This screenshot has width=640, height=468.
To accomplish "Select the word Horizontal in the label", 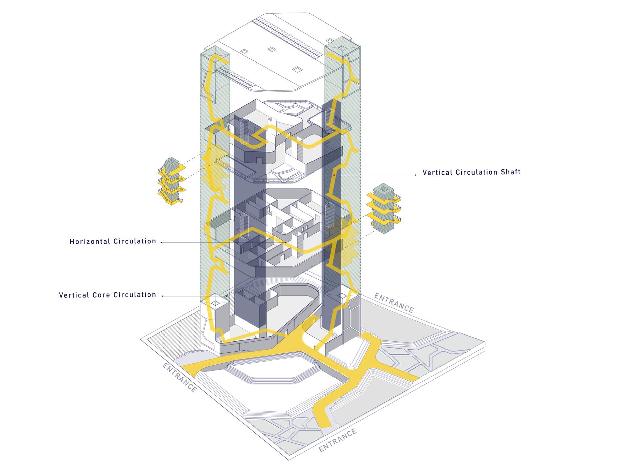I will (90, 242).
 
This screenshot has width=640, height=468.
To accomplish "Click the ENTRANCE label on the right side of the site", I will (394, 303).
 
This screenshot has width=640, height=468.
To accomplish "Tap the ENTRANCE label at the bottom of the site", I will (338, 440).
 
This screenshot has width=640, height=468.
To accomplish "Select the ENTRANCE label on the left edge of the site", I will (180, 378).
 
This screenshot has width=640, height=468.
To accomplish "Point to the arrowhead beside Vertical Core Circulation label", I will (162, 296).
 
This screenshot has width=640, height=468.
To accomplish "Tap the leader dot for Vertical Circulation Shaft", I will (334, 175).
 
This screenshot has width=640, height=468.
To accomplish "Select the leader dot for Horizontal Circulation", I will (285, 243).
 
